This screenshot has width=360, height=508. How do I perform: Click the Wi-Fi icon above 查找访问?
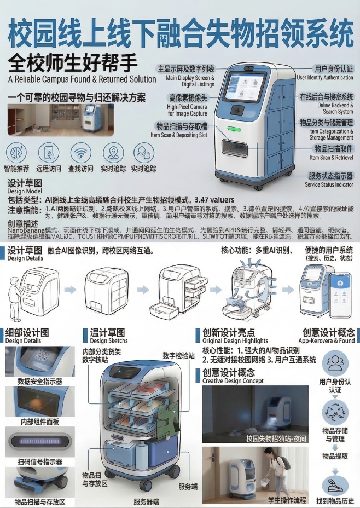80,152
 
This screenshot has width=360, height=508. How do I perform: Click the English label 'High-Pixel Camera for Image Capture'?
187,110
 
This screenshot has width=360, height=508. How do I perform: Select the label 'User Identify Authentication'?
325,78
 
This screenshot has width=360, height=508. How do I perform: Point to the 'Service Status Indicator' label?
329,184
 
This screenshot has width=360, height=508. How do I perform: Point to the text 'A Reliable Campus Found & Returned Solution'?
82,79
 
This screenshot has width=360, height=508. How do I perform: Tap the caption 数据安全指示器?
39,381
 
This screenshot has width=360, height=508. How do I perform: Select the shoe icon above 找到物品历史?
335,484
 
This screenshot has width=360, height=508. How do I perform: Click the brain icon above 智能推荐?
16,152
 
